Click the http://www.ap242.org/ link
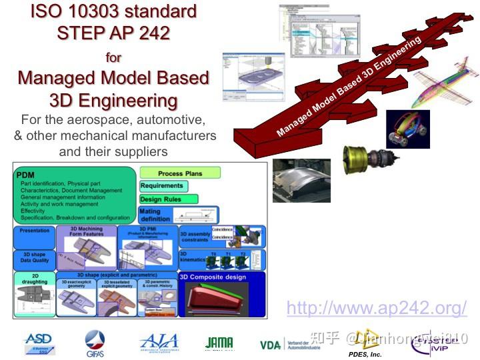[x=377, y=308]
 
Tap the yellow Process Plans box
[x=180, y=173]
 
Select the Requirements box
[x=161, y=186]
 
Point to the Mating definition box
[x=155, y=215]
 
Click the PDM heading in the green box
[x=25, y=175]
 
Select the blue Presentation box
[x=34, y=231]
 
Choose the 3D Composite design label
[x=213, y=277]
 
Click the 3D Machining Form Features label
[x=87, y=232]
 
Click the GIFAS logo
[x=95, y=344]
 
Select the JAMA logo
[x=219, y=343]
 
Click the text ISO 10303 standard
[x=113, y=11]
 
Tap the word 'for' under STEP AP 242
[x=113, y=57]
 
